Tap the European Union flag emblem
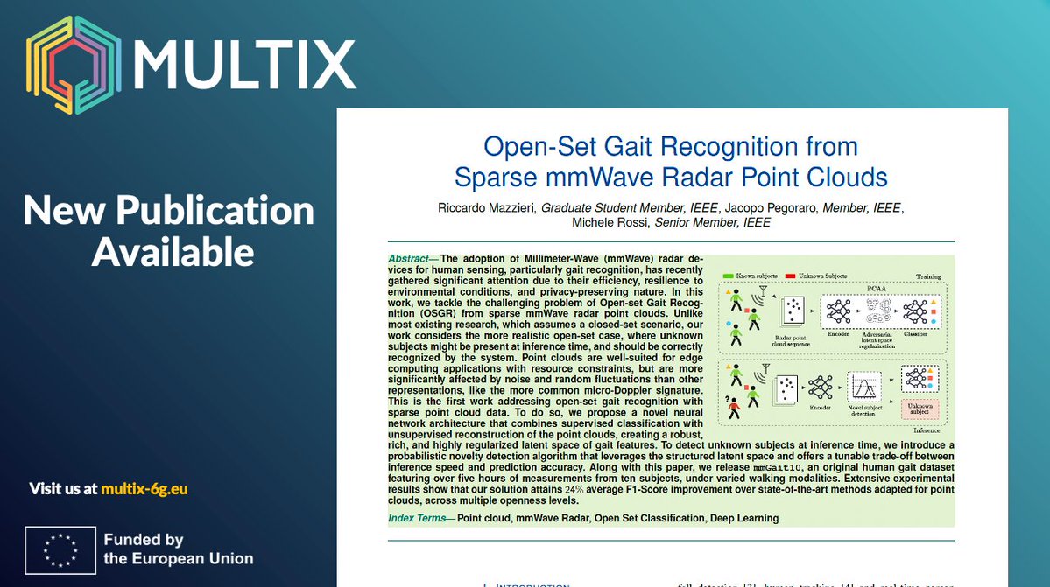pos(60,549)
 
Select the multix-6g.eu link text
pos(144,489)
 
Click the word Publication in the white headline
pos(216,210)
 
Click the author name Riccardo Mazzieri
pos(485,208)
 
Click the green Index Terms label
pos(421,518)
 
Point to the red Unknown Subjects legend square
pos(790,276)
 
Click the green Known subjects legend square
pos(728,276)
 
